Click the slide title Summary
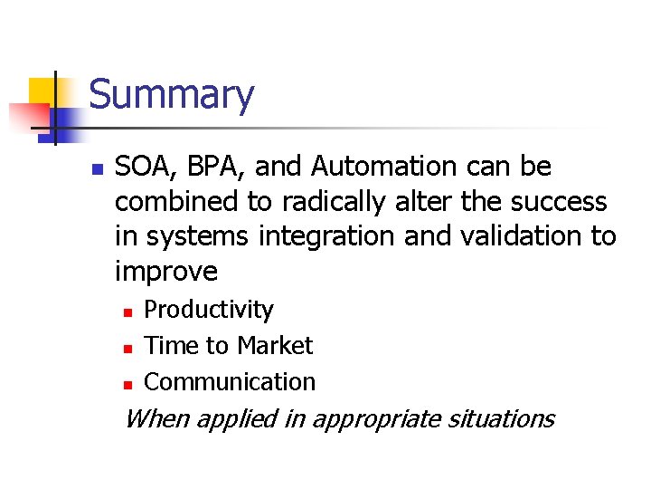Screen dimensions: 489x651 coord(172,95)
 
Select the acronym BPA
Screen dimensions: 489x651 coord(211,168)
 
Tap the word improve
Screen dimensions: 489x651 coord(166,272)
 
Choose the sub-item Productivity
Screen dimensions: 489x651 coord(209,310)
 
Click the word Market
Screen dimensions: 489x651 coord(273,346)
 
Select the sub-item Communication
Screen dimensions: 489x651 coord(230,382)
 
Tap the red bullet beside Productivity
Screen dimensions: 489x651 coord(127,312)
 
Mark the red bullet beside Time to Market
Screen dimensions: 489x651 coord(127,348)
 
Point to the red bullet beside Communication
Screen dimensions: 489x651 coord(127,384)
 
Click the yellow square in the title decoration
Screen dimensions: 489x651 coord(43,91)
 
